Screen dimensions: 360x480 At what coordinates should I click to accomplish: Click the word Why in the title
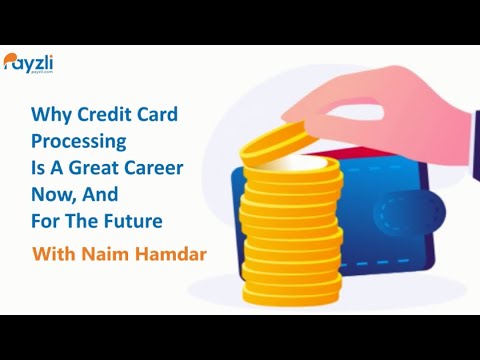pyautogui.click(x=48, y=116)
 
